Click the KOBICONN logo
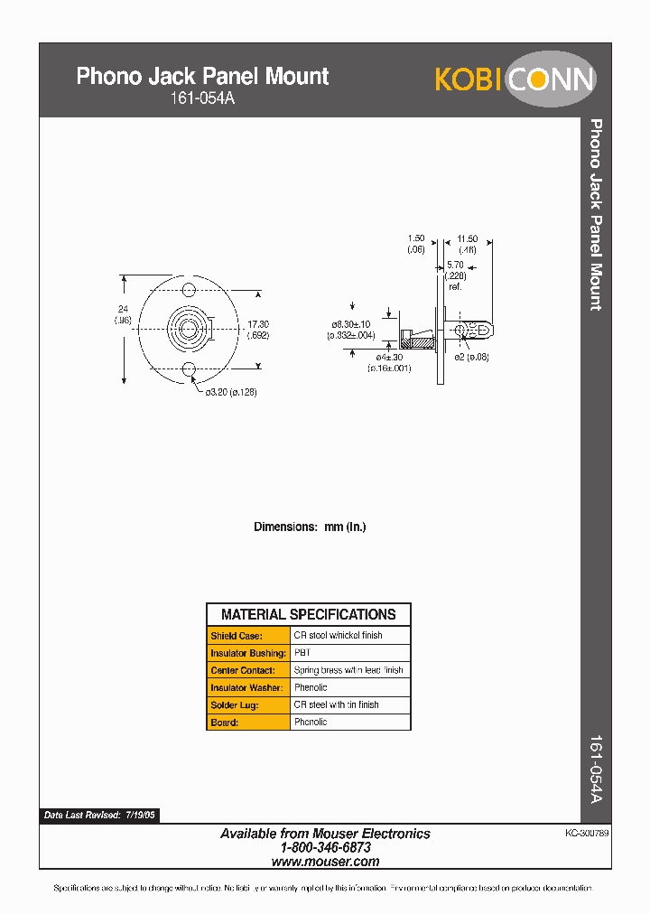pyautogui.click(x=515, y=79)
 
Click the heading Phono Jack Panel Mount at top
pyautogui.click(x=202, y=76)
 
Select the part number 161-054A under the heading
pyautogui.click(x=202, y=98)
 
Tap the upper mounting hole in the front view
pyautogui.click(x=190, y=290)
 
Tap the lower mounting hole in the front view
pyautogui.click(x=190, y=368)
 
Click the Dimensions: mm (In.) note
pyautogui.click(x=310, y=527)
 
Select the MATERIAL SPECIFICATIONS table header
pyautogui.click(x=308, y=614)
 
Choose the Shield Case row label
pyautogui.click(x=237, y=636)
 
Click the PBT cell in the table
pyautogui.click(x=302, y=653)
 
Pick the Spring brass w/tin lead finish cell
pyautogui.click(x=348, y=670)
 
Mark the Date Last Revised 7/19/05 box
pyautogui.click(x=100, y=815)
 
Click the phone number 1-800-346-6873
pyautogui.click(x=325, y=848)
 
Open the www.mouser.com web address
pyautogui.click(x=325, y=862)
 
